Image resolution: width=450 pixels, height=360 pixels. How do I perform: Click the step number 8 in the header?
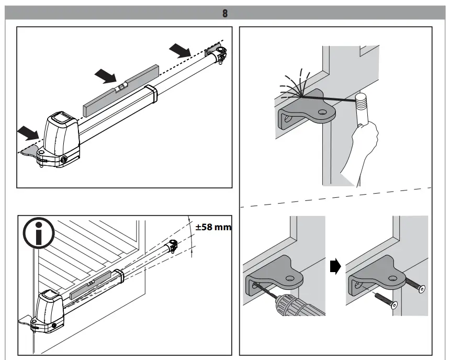coord(225,13)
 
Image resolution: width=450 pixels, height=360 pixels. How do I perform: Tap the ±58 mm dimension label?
coord(213,228)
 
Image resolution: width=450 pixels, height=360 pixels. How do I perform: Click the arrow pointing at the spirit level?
coord(105,76)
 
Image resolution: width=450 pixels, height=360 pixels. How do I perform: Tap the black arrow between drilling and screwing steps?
coord(336,266)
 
